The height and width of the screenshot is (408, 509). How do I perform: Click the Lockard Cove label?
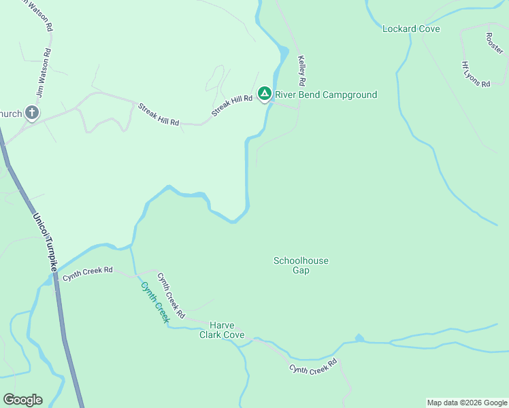[x=411, y=29]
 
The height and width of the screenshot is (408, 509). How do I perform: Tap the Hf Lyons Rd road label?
[x=476, y=74]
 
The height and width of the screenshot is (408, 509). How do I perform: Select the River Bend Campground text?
[x=325, y=95]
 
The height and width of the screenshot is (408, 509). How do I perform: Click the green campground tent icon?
[x=265, y=94]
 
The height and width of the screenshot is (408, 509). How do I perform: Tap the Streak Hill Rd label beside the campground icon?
[x=232, y=107]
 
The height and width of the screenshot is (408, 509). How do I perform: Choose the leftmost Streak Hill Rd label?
[x=159, y=114]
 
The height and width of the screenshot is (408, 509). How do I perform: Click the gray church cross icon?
[x=31, y=113]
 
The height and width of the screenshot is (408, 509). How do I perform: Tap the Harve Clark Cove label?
[x=222, y=330]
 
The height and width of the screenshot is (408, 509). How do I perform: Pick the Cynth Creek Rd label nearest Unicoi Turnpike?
[x=88, y=273]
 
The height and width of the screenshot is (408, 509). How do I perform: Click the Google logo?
[x=22, y=400]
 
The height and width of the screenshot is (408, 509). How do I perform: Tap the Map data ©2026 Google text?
[x=467, y=403]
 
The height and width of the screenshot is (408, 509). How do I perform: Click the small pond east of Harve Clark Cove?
[x=359, y=338]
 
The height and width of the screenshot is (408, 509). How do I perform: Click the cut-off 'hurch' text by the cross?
[x=11, y=114]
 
